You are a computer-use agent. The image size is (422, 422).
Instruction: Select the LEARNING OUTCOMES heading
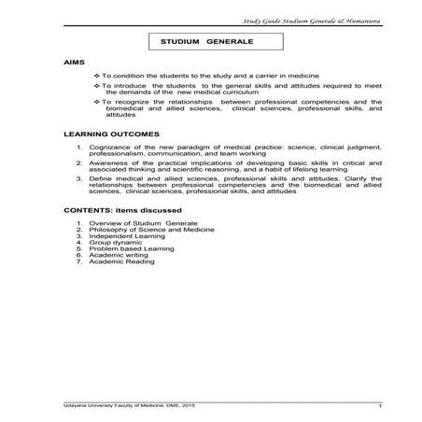105,134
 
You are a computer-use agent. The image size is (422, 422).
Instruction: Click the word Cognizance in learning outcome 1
109,148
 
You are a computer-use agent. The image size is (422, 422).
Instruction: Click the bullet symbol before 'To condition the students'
97,74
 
